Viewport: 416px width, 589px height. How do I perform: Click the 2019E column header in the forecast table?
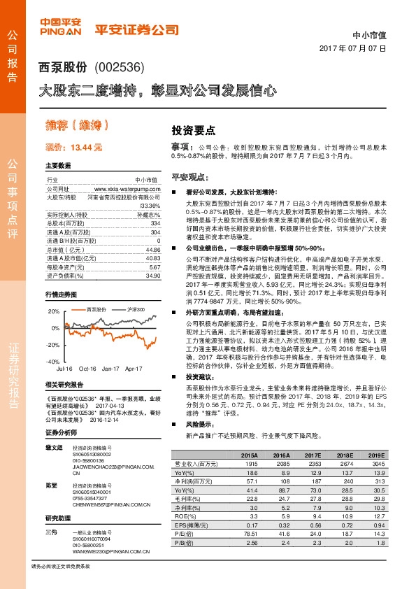pos(375,455)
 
